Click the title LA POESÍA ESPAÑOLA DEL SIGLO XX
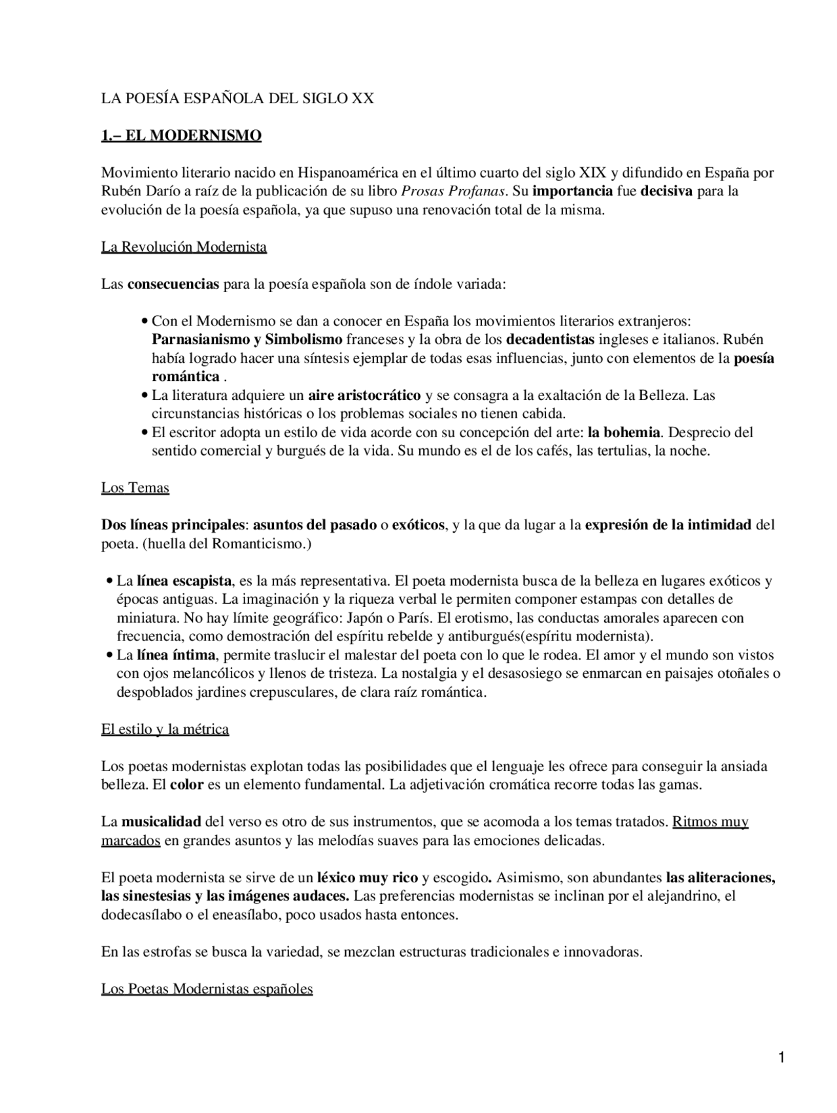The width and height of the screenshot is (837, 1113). (x=237, y=99)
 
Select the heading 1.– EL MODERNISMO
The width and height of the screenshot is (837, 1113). (x=181, y=136)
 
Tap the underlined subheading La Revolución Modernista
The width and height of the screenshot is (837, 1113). (x=184, y=247)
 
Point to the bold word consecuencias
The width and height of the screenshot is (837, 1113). (x=173, y=284)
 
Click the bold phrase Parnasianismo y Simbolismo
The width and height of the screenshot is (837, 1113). (x=247, y=340)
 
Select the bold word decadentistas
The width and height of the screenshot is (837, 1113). (x=551, y=340)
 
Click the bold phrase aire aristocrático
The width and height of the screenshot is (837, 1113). (x=364, y=395)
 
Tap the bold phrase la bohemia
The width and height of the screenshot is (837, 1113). (x=624, y=433)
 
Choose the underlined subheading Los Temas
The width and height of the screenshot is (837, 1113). (x=135, y=488)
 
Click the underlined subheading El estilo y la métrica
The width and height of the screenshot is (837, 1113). (x=165, y=729)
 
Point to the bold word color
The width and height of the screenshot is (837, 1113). (x=187, y=785)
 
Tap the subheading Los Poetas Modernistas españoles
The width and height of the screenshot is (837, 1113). (x=207, y=989)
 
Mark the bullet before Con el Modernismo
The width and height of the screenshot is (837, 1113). (x=145, y=322)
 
